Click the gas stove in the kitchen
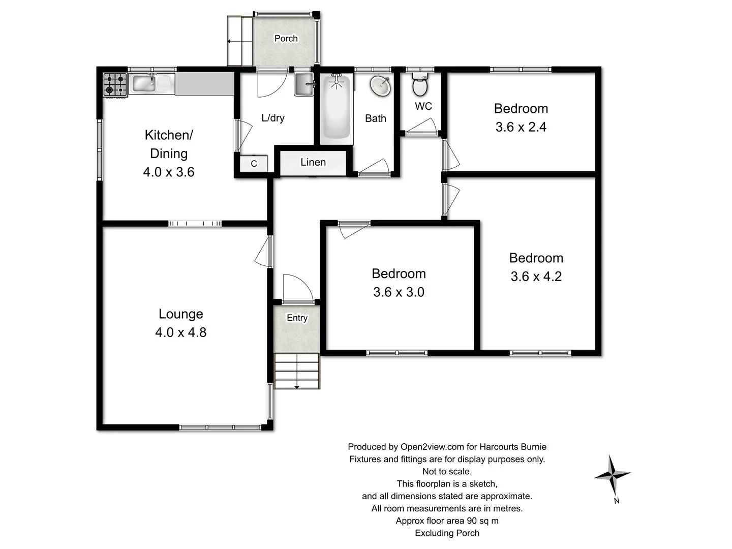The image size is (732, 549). (115, 85)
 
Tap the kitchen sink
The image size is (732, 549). (151, 84)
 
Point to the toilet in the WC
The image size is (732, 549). (420, 85)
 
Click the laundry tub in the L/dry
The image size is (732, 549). (304, 84)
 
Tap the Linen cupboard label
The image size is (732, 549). (313, 162)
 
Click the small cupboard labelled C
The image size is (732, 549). (254, 164)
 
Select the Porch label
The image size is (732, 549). (286, 39)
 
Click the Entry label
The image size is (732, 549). (297, 318)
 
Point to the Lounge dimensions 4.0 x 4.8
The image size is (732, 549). (180, 332)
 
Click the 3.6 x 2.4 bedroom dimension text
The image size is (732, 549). (521, 127)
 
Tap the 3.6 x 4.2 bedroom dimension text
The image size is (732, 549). (536, 277)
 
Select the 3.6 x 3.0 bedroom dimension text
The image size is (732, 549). (399, 292)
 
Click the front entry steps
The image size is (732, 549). (297, 371)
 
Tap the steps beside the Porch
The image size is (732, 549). (239, 41)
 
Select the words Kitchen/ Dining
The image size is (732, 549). (169, 144)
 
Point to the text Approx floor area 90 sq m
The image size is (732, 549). (447, 521)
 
